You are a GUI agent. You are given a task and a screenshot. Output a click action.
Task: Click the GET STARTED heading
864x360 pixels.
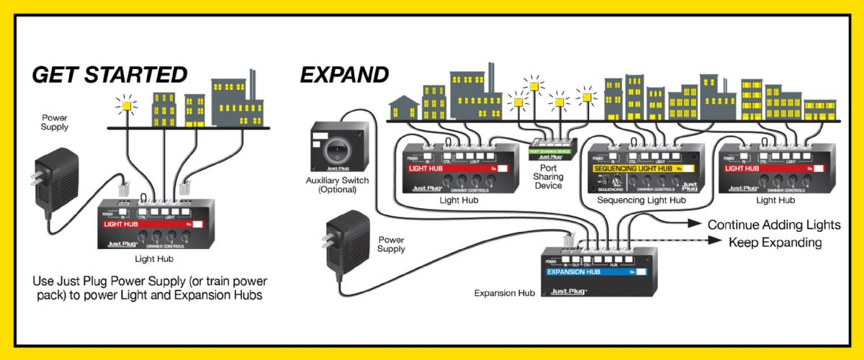point(110,74)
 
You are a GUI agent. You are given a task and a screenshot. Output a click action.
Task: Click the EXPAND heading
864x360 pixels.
point(344,74)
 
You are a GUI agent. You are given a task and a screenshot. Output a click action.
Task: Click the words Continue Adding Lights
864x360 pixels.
point(774,225)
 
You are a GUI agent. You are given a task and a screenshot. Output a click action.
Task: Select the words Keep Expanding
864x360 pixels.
point(775,243)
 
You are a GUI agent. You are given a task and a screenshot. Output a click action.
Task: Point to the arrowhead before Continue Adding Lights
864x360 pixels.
point(696,225)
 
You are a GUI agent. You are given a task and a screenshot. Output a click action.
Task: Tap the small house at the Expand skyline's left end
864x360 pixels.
point(402,110)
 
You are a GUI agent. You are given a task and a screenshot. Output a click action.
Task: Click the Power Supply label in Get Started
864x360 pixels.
point(55,122)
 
